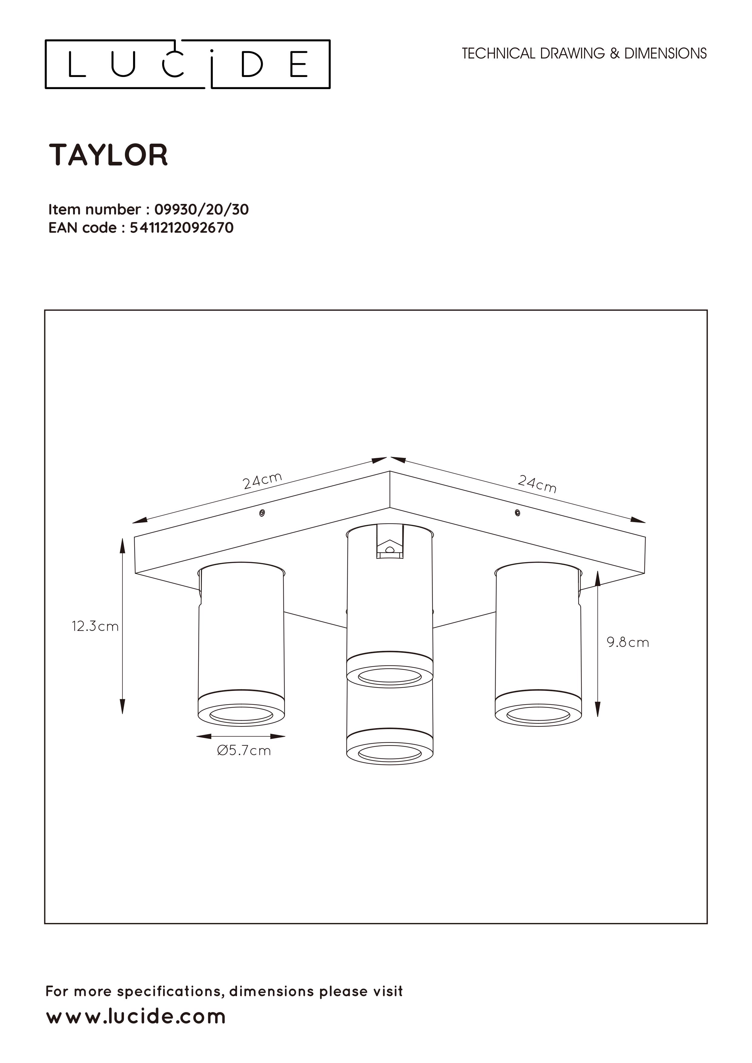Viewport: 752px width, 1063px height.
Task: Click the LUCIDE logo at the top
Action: coord(188,64)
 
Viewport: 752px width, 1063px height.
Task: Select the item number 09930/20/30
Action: coord(202,210)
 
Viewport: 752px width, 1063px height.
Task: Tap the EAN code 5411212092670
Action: coord(182,228)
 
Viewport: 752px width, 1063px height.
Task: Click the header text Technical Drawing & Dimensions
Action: coord(584,54)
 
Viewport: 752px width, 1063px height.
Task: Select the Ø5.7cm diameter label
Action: coord(244,751)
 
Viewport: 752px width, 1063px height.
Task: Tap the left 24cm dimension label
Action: coord(262,481)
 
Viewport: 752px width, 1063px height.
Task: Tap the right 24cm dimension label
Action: coord(537,484)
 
